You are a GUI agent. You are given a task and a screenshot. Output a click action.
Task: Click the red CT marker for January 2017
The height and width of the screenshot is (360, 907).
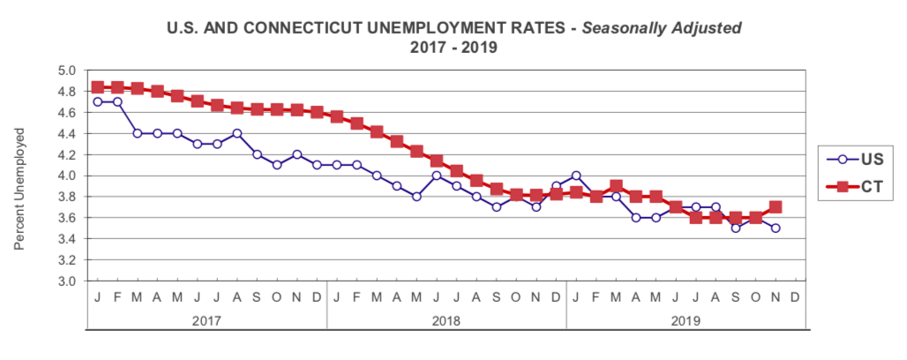point(97,87)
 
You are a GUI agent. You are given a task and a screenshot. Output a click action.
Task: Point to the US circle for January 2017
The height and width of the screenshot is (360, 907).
point(97,101)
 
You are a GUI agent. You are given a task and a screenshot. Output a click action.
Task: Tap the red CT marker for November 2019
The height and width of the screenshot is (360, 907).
point(776,207)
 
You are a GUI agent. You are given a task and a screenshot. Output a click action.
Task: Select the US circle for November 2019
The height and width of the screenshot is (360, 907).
point(776,228)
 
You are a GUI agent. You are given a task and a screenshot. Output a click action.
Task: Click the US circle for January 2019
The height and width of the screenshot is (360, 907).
point(576,176)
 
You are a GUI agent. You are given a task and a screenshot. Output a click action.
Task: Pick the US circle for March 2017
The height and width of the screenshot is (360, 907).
point(137,133)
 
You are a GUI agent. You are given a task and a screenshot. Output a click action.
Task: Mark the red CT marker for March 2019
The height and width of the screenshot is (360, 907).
point(616,186)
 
